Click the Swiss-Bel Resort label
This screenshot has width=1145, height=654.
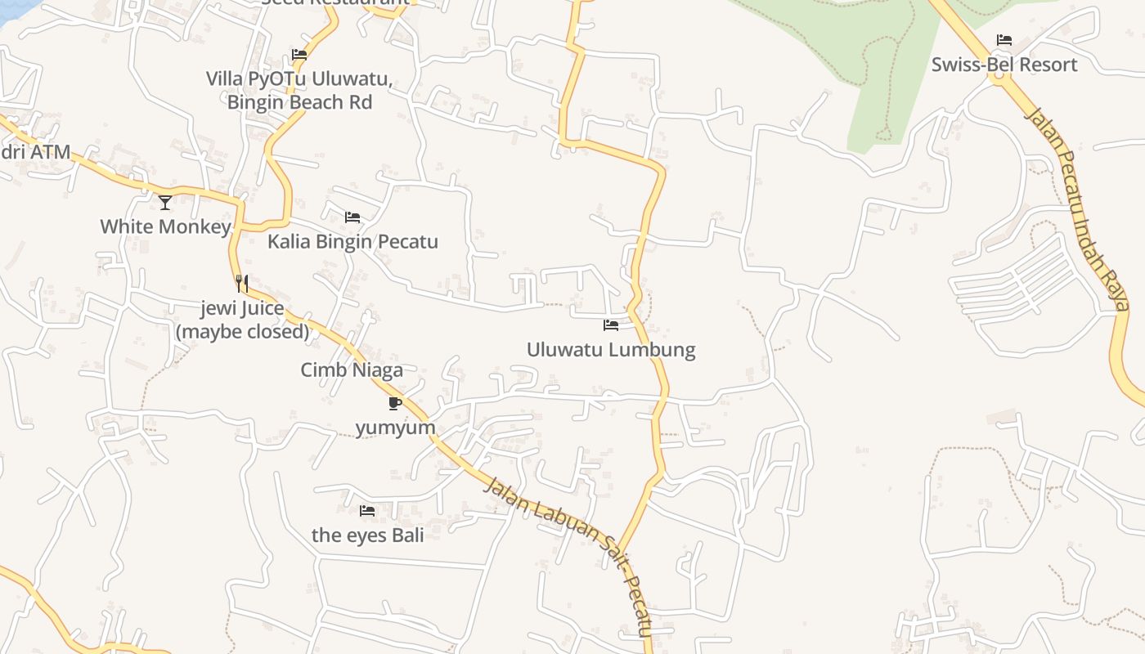pyautogui.click(x=1004, y=65)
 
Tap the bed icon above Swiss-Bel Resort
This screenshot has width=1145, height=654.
pyautogui.click(x=1004, y=40)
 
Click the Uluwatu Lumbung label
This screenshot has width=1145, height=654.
pyautogui.click(x=611, y=350)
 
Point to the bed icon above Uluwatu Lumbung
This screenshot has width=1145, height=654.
pyautogui.click(x=611, y=325)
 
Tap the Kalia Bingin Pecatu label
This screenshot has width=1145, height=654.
pyautogui.click(x=352, y=242)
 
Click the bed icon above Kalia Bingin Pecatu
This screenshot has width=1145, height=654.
pyautogui.click(x=352, y=217)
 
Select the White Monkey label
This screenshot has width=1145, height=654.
pyautogui.click(x=165, y=226)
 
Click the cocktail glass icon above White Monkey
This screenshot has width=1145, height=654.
pyautogui.click(x=165, y=202)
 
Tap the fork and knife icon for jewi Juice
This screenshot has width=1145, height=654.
pyautogui.click(x=241, y=284)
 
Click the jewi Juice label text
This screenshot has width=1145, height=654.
pyautogui.click(x=243, y=309)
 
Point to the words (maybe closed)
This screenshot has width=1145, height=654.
pyautogui.click(x=243, y=331)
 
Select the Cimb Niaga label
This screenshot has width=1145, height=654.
pyautogui.click(x=352, y=370)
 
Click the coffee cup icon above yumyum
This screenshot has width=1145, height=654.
pyautogui.click(x=395, y=403)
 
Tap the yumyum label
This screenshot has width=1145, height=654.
pyautogui.click(x=396, y=428)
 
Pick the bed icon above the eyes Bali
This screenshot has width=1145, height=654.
pyautogui.click(x=367, y=511)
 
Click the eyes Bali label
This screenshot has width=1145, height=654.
pyautogui.click(x=368, y=535)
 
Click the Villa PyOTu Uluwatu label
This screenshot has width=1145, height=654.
pyautogui.click(x=299, y=79)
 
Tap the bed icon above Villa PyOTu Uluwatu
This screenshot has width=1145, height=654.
pyautogui.click(x=299, y=56)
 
